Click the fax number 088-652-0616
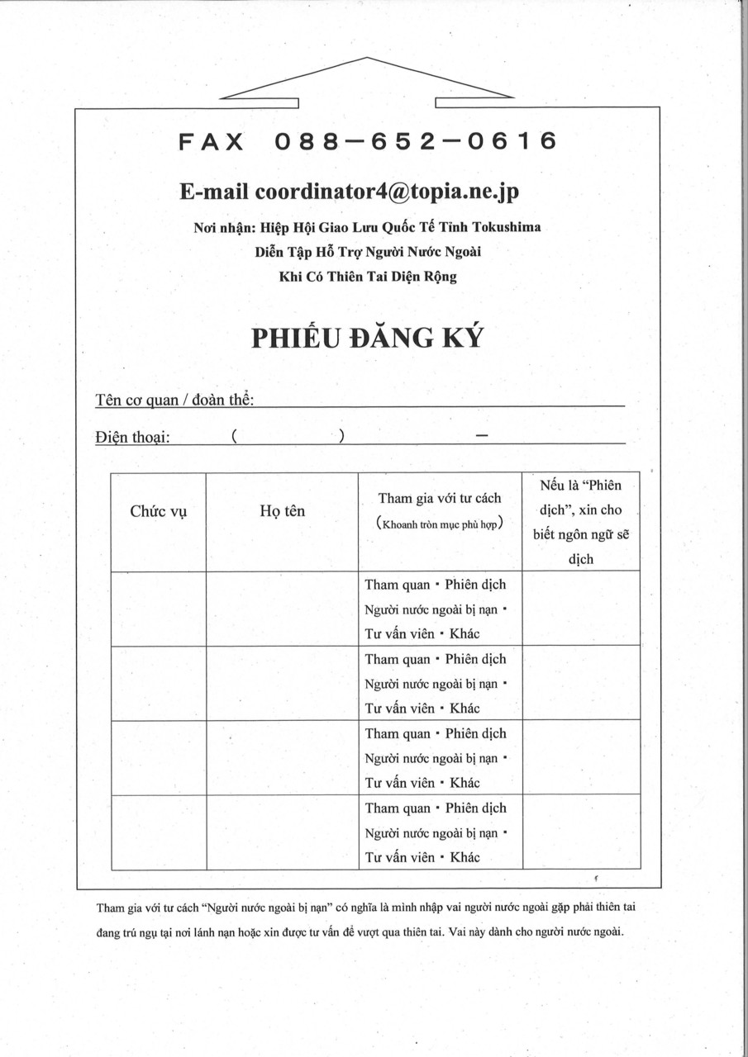click(415, 142)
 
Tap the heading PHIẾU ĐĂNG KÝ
click(367, 339)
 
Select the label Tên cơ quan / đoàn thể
click(174, 401)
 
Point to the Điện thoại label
click(132, 437)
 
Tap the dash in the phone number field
click(483, 435)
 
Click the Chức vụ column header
click(159, 511)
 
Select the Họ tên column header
click(282, 511)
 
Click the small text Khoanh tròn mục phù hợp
click(440, 524)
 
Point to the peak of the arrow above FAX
click(366, 59)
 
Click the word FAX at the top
click(212, 142)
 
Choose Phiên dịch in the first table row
click(475, 585)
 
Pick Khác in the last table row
click(465, 857)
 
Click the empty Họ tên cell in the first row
click(282, 609)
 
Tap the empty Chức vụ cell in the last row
click(159, 832)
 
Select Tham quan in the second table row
click(398, 660)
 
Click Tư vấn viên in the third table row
click(400, 783)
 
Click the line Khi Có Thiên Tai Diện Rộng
click(368, 277)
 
